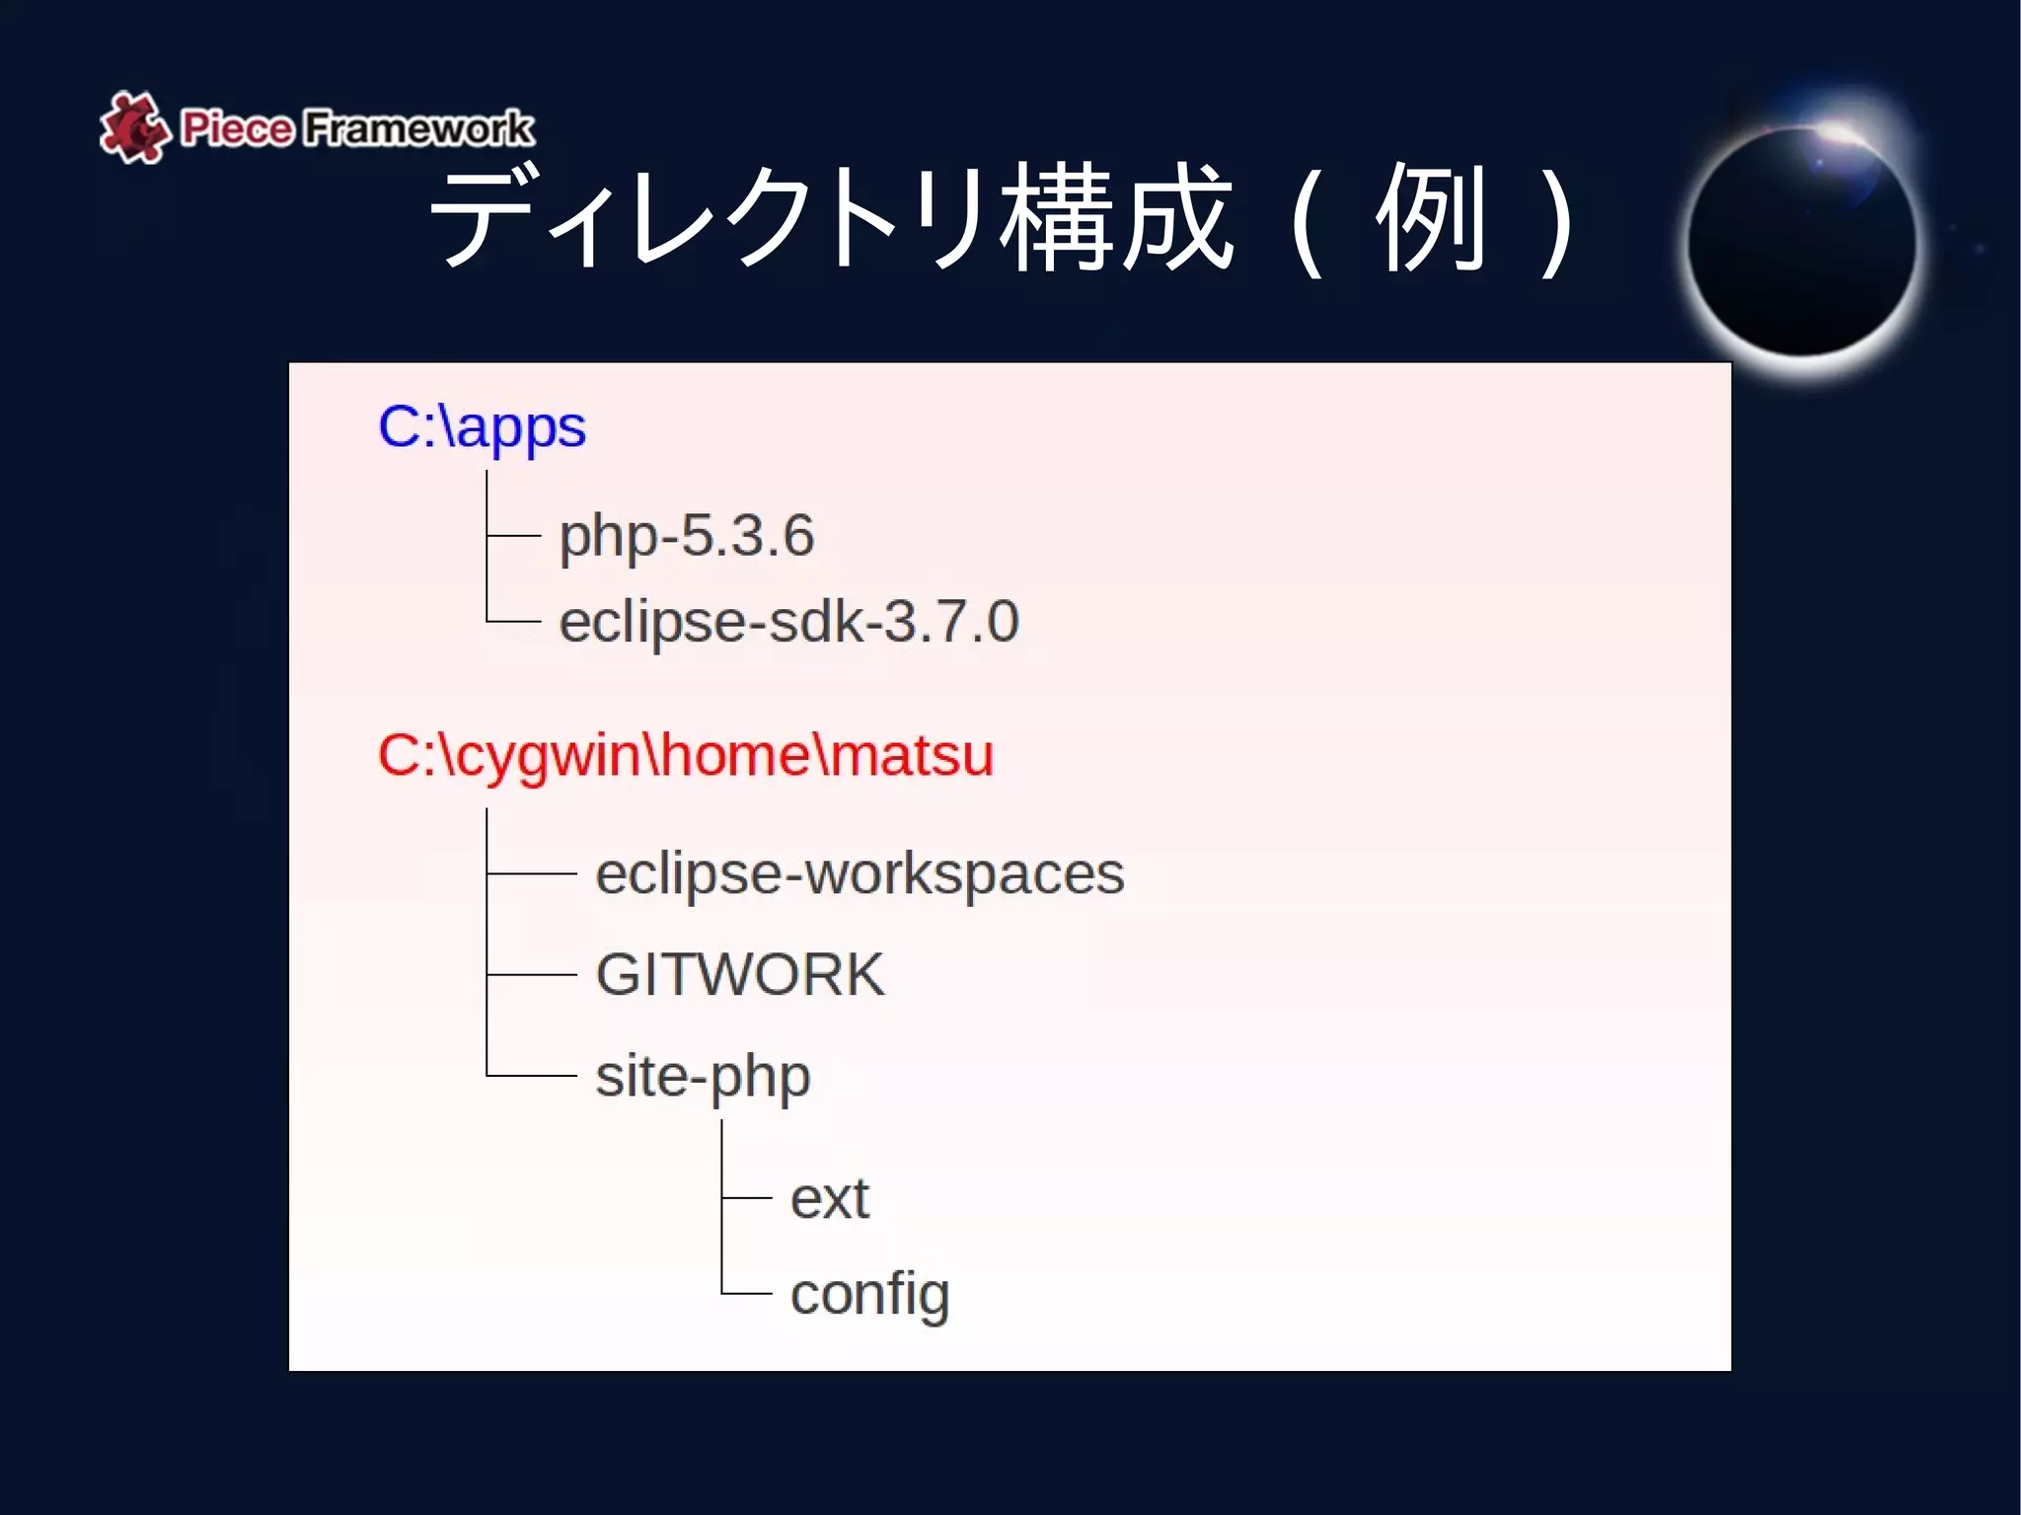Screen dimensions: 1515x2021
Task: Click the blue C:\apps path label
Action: pyautogui.click(x=482, y=428)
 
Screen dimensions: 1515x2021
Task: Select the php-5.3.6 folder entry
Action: pyautogui.click(x=687, y=536)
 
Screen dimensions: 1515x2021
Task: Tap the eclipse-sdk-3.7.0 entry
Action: pyautogui.click(x=788, y=622)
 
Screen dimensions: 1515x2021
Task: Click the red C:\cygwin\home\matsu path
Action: pyautogui.click(x=685, y=756)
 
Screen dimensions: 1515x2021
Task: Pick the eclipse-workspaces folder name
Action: pyautogui.click(x=860, y=874)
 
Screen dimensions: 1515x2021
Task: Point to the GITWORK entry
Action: pyautogui.click(x=740, y=975)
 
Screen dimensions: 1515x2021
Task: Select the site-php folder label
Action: pyautogui.click(x=703, y=1076)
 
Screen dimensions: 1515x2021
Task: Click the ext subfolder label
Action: pyautogui.click(x=829, y=1199)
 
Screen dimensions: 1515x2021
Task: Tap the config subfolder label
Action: pyautogui.click(x=869, y=1294)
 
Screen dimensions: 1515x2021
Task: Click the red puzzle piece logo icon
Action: pyautogui.click(x=132, y=127)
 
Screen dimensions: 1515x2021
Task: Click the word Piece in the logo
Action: pyautogui.click(x=237, y=128)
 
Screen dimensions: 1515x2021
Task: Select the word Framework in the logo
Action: pyautogui.click(x=418, y=128)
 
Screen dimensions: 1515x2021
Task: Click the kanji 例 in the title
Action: pyautogui.click(x=1431, y=217)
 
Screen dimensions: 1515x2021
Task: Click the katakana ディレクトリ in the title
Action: pyautogui.click(x=711, y=217)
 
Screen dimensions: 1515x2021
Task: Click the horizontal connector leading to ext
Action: pyautogui.click(x=747, y=1198)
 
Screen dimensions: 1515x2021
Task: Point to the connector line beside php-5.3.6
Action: pyautogui.click(x=514, y=536)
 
